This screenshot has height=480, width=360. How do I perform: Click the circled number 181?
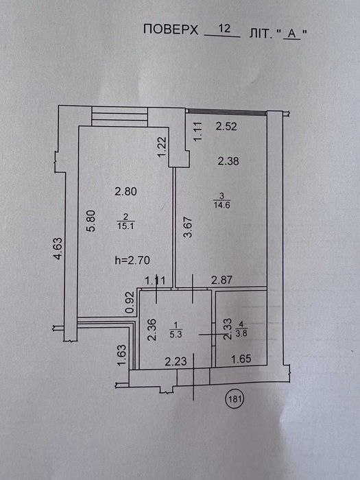[x=235, y=398]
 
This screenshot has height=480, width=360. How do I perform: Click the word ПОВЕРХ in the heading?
[x=171, y=29]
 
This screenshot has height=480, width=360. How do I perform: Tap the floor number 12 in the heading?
[x=224, y=29]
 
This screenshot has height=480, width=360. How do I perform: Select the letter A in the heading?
[x=292, y=34]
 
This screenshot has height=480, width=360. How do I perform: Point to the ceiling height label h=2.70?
[x=132, y=260]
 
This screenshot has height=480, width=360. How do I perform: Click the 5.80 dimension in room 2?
[x=92, y=221]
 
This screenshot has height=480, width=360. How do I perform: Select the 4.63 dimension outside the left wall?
[x=58, y=249]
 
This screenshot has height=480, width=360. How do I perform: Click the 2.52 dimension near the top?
[x=226, y=126]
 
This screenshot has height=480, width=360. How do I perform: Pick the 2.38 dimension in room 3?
[x=228, y=160]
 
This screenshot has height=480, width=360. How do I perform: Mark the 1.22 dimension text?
[x=163, y=147]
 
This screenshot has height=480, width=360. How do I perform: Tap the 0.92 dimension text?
[x=130, y=302]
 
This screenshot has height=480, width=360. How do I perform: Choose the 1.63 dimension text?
[x=121, y=355]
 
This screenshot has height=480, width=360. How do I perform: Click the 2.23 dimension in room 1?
[x=176, y=361]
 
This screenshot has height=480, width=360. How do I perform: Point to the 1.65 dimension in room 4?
[x=241, y=359]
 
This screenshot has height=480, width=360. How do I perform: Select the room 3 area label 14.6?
[x=222, y=205]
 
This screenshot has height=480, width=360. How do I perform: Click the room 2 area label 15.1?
[x=125, y=226]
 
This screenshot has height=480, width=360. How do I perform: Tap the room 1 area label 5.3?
[x=176, y=335]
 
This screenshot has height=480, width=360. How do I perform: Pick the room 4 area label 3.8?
[x=241, y=334]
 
